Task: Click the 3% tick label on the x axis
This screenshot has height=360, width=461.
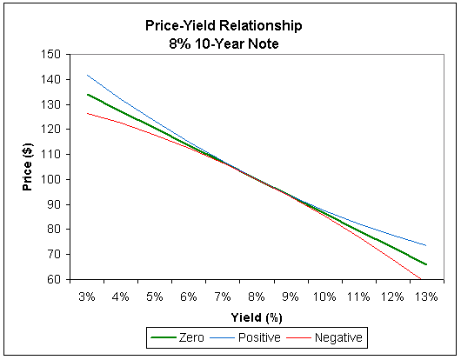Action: [x=87, y=297]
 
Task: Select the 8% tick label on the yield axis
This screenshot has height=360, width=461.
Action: [x=257, y=297]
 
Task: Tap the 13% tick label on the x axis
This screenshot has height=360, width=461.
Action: [x=427, y=297]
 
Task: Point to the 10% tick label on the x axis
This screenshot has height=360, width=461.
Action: [x=325, y=297]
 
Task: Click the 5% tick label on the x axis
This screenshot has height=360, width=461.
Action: [x=155, y=297]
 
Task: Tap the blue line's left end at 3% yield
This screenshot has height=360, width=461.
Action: [x=87, y=75]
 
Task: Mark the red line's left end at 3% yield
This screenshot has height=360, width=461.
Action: [x=87, y=113]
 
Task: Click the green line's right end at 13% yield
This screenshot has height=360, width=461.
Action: [x=426, y=264]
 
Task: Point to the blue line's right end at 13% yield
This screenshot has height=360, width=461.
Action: [x=426, y=245]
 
